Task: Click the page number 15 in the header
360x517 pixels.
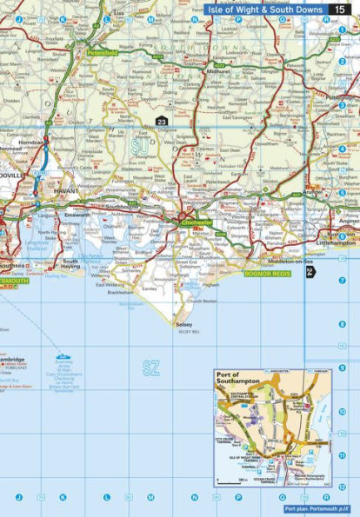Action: (x=343, y=9)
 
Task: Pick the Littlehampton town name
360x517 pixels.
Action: (x=337, y=244)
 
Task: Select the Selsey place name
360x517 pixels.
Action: (x=183, y=324)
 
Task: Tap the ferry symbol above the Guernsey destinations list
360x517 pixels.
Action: (x=61, y=356)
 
